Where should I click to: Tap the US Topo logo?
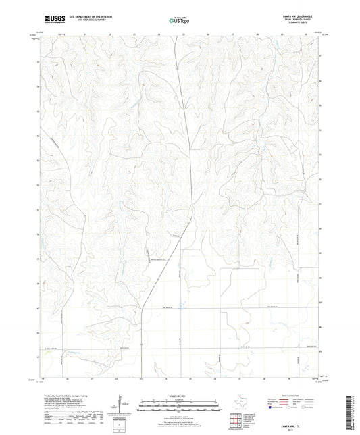[178, 21]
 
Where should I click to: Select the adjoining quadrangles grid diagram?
[237, 420]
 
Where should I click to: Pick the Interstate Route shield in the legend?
[272, 407]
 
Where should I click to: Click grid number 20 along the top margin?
[68, 34]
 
